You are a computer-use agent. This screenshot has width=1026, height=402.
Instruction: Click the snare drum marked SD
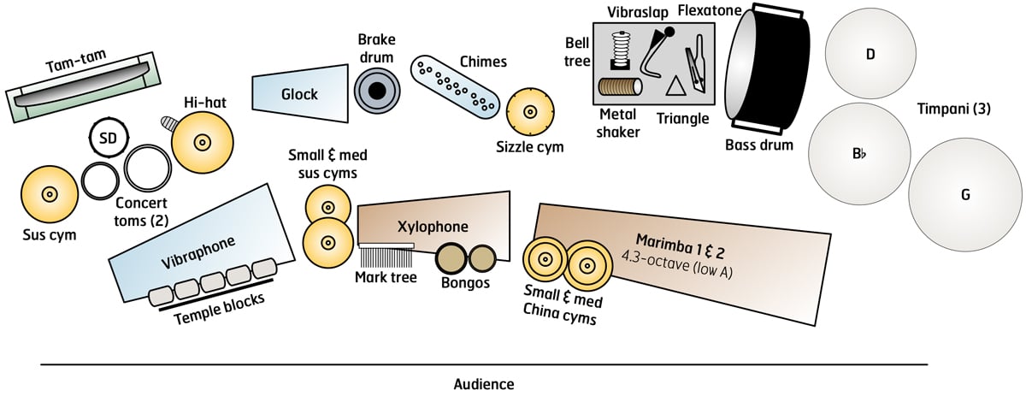[109, 137]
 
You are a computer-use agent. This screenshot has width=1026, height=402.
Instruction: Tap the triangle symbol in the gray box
[676, 86]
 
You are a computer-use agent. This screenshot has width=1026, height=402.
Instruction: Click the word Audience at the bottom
[484, 384]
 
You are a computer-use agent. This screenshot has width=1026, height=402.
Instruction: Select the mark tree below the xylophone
[386, 257]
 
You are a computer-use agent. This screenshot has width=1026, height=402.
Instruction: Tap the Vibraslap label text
[638, 12]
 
